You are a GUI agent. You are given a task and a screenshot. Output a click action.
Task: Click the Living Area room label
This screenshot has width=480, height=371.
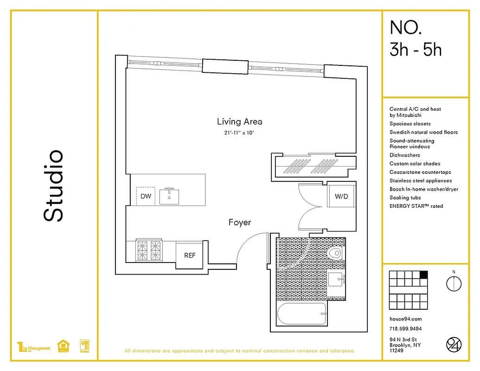[239, 122]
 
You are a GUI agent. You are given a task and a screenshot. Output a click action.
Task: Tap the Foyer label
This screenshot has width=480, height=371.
[240, 223]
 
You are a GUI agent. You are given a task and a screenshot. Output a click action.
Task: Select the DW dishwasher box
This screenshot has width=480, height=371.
[146, 196]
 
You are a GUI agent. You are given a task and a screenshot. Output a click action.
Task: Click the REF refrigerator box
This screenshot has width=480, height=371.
[189, 255]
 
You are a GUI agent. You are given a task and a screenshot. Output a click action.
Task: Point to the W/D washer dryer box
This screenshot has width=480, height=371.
[341, 196]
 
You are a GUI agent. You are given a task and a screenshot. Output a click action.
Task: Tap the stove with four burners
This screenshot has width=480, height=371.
[149, 250]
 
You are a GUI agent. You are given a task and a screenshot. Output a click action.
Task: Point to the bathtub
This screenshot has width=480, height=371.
[301, 315]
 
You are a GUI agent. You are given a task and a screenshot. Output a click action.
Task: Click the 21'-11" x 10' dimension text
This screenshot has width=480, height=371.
[239, 134]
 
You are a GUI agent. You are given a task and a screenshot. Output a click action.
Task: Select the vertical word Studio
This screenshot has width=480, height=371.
[53, 185]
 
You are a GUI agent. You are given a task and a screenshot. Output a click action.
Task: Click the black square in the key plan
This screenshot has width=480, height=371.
[423, 274]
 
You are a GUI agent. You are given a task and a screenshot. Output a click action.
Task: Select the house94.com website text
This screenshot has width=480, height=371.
[405, 319]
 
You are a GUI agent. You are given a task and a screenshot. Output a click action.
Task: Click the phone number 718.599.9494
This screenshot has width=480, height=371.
[405, 329]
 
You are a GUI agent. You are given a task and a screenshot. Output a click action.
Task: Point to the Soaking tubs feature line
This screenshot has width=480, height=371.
[405, 198]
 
